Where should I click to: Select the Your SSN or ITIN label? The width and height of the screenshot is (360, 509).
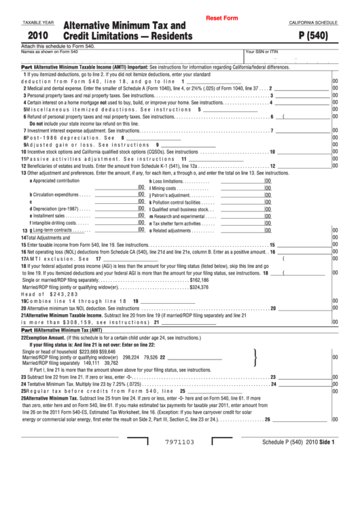click(x=262, y=52)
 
